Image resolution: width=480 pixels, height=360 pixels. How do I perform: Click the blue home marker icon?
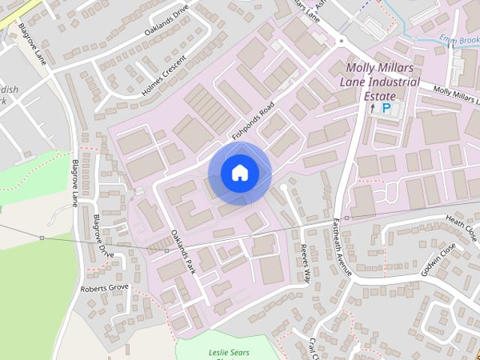pyautogui.click(x=240, y=173)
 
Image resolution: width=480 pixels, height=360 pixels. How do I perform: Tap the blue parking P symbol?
pyautogui.click(x=387, y=108)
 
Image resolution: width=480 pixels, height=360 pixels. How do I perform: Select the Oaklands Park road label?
pyautogui.click(x=183, y=252)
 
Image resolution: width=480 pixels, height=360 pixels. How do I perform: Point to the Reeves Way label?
pyautogui.click(x=304, y=263)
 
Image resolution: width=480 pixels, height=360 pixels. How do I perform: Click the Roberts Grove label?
pyautogui.click(x=105, y=288)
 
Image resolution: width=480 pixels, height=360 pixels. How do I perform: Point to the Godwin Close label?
pyautogui.click(x=438, y=259)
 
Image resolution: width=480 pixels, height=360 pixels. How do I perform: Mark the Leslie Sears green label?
pyautogui.click(x=229, y=352)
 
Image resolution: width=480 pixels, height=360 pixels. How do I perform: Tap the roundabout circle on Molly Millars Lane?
pyautogui.click(x=341, y=39)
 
